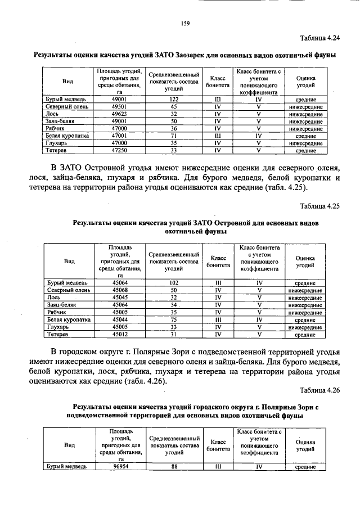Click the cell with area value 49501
click(x=119, y=106)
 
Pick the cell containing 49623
click(x=119, y=114)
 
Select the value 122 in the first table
click(x=174, y=99)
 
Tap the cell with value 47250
click(x=119, y=151)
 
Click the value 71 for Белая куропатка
click(x=174, y=136)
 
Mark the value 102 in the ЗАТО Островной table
click(x=174, y=282)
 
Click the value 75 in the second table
click(x=174, y=319)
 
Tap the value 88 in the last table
click(x=174, y=466)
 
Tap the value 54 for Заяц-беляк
click(x=174, y=304)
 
